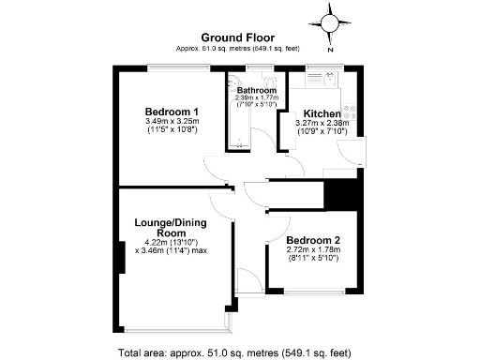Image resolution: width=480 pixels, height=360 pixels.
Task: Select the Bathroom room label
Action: [255, 91]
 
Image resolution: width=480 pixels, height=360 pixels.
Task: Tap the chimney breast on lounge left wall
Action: [120, 256]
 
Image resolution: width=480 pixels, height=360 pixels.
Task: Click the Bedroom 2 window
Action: [310, 292]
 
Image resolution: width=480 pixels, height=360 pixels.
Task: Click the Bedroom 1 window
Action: [172, 66]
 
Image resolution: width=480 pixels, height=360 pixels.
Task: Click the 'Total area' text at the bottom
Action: [234, 352]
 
